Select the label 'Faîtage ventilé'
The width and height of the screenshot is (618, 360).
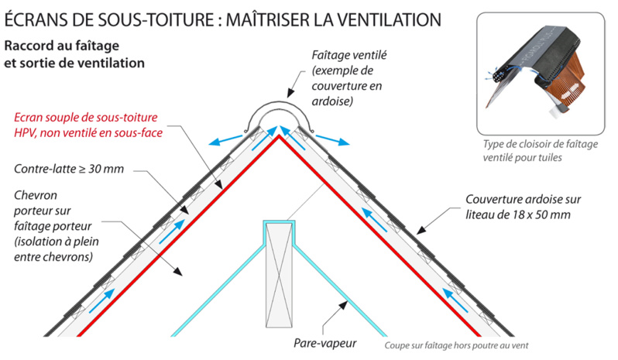(x=348, y=57)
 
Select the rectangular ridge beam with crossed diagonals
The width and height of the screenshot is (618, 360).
(x=279, y=267)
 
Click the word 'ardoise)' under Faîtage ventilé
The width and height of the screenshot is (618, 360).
(x=332, y=101)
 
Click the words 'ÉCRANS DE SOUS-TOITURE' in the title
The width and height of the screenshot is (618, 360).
(x=109, y=16)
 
